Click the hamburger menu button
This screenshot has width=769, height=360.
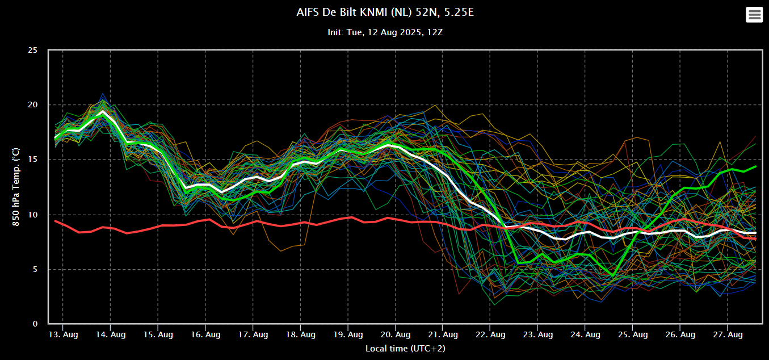coord(754,15)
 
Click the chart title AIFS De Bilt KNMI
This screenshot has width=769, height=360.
coord(385,12)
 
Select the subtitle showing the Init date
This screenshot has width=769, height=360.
coord(385,32)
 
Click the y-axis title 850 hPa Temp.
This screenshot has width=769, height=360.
coord(16,187)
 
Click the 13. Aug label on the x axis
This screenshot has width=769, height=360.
coord(62,335)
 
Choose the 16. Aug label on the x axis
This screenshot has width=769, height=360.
coord(205,335)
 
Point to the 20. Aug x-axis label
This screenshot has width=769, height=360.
coord(395,335)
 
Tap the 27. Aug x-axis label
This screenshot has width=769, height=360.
coord(728,335)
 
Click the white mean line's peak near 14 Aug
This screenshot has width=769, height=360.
coord(103,112)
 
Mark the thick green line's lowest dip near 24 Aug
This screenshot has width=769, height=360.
coord(612,276)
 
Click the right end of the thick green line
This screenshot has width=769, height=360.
coord(756,166)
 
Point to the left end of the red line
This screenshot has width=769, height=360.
coord(55,220)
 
